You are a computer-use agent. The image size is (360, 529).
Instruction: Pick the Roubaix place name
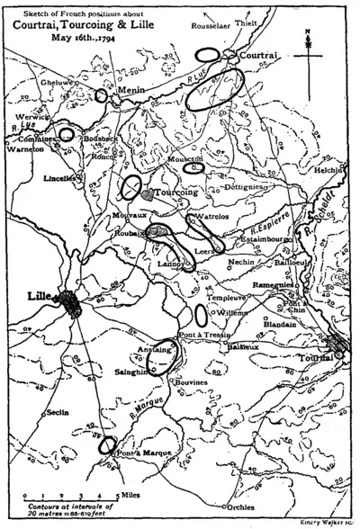(x=129, y=232)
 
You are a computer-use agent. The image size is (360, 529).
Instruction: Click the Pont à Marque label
(x=135, y=465)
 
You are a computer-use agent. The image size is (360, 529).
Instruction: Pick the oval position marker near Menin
(x=101, y=95)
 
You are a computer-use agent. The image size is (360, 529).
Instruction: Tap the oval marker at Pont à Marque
(x=108, y=444)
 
